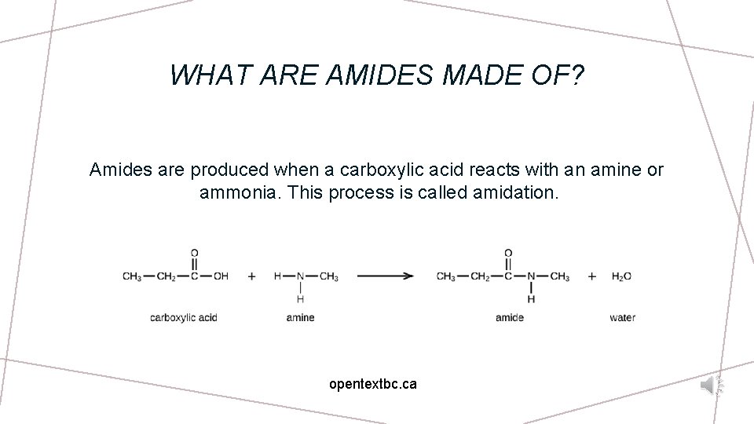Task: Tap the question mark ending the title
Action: [x=578, y=75]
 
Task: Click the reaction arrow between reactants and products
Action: [x=385, y=276]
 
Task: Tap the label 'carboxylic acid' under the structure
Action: [x=183, y=318]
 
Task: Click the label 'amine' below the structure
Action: [x=300, y=318]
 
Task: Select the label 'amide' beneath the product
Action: [x=510, y=318]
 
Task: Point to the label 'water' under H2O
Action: [x=622, y=318]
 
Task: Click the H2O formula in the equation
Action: [x=621, y=276]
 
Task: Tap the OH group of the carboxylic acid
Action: [x=221, y=276]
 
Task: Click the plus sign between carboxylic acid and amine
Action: [x=252, y=276]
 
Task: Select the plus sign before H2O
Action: [x=591, y=276]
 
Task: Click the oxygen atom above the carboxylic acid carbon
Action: [x=195, y=254]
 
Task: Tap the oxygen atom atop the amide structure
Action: [x=508, y=254]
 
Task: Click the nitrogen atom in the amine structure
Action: [x=301, y=276]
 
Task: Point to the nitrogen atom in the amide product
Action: [x=532, y=276]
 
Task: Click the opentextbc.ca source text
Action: [x=373, y=385]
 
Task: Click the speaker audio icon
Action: [x=712, y=385]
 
